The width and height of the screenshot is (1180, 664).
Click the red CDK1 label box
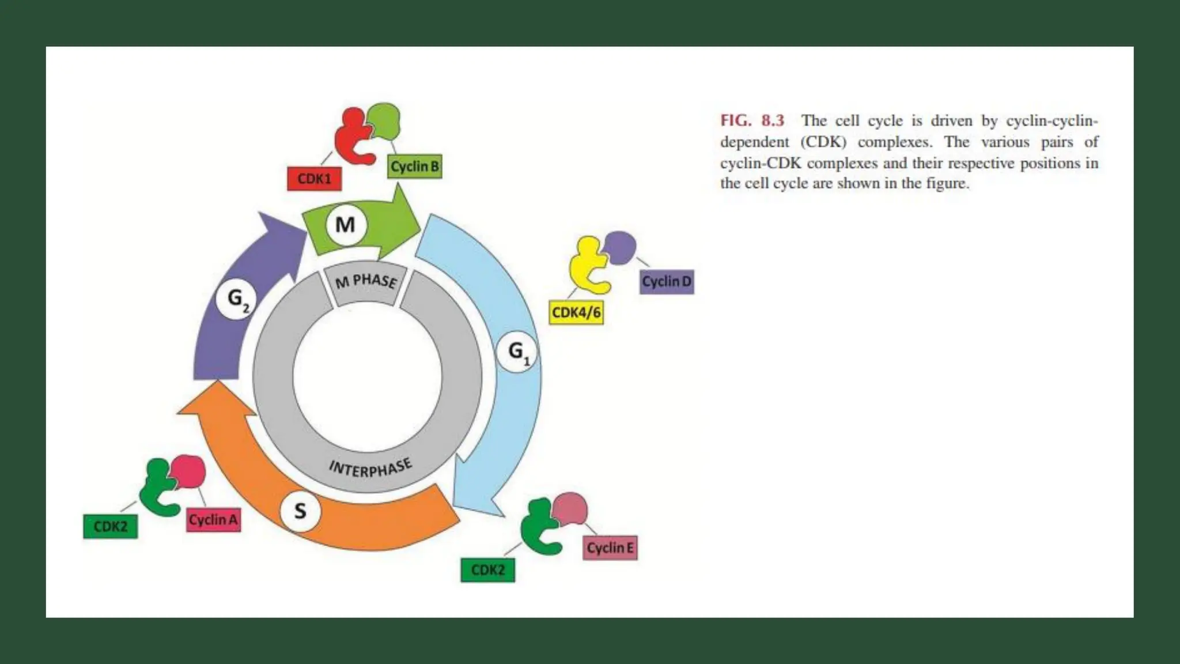tap(314, 179)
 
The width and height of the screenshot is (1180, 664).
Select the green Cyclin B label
tap(415, 167)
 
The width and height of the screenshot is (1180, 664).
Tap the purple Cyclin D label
tap(667, 282)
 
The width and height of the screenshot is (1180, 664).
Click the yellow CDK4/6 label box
tap(576, 312)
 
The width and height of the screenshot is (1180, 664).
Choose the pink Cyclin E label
tap(610, 548)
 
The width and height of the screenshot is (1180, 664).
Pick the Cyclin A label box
tap(213, 520)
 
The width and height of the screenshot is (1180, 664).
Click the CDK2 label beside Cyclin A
tap(111, 526)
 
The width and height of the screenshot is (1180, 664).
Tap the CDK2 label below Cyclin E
tap(488, 570)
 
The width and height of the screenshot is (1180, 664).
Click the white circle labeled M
tap(345, 224)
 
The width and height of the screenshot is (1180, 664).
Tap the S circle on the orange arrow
tap(300, 511)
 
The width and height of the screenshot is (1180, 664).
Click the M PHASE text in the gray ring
tap(366, 281)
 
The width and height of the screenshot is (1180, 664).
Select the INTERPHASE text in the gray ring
tap(370, 468)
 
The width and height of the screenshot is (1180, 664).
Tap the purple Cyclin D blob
tap(621, 247)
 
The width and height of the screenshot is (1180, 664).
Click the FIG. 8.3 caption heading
tap(752, 120)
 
